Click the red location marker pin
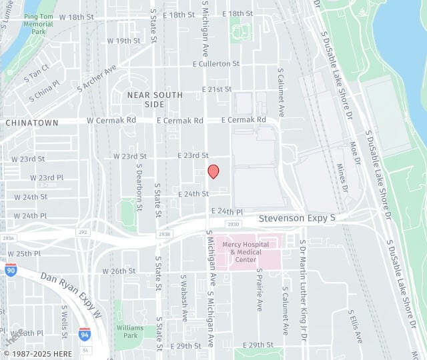[x=213, y=171]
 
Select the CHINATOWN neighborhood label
[x=31, y=123]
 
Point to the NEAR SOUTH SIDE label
[x=145, y=99]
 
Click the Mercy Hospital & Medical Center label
[x=246, y=251]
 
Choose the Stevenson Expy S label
[x=297, y=218]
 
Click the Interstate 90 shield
[x=11, y=270]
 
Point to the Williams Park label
[x=129, y=331]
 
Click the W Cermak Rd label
[x=111, y=121]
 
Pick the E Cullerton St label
[x=216, y=63]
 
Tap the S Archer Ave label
[x=97, y=78]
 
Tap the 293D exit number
[x=232, y=224]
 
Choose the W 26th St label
[x=119, y=271]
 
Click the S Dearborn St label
[x=140, y=187]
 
